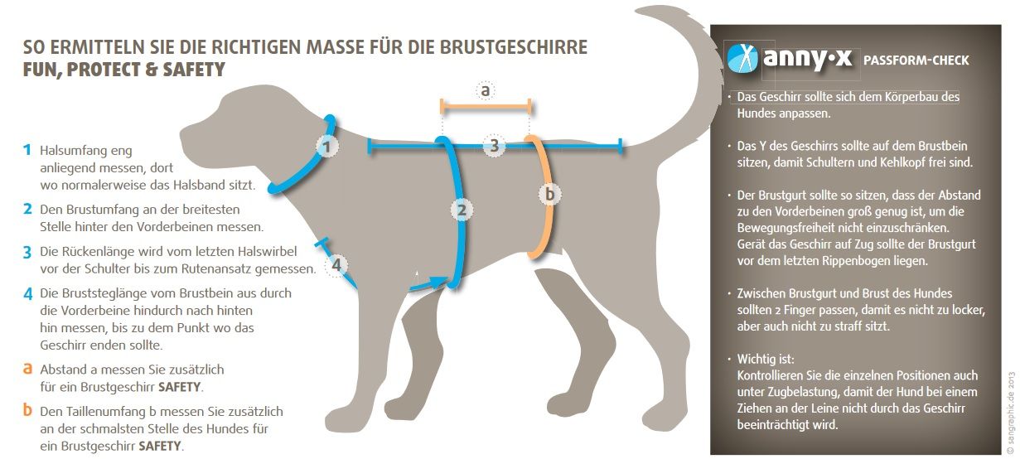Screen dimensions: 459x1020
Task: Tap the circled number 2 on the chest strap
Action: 462,210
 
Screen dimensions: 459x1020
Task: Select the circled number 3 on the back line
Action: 494,147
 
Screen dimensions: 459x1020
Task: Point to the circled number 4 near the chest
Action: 336,266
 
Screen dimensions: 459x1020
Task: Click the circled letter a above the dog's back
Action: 486,89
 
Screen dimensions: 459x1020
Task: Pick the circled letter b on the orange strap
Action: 548,194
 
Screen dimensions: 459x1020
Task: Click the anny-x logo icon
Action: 743,58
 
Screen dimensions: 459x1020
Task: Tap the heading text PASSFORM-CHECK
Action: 916,60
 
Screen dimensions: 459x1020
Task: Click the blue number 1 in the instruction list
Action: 27,150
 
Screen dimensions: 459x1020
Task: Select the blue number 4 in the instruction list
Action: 27,293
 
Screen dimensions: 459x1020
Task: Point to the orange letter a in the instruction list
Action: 27,368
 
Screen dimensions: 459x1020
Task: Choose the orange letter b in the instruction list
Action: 27,410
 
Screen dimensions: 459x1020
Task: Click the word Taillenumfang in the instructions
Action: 99,411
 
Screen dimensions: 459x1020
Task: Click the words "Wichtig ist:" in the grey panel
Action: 766,360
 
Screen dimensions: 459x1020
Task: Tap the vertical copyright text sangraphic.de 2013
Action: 1011,402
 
